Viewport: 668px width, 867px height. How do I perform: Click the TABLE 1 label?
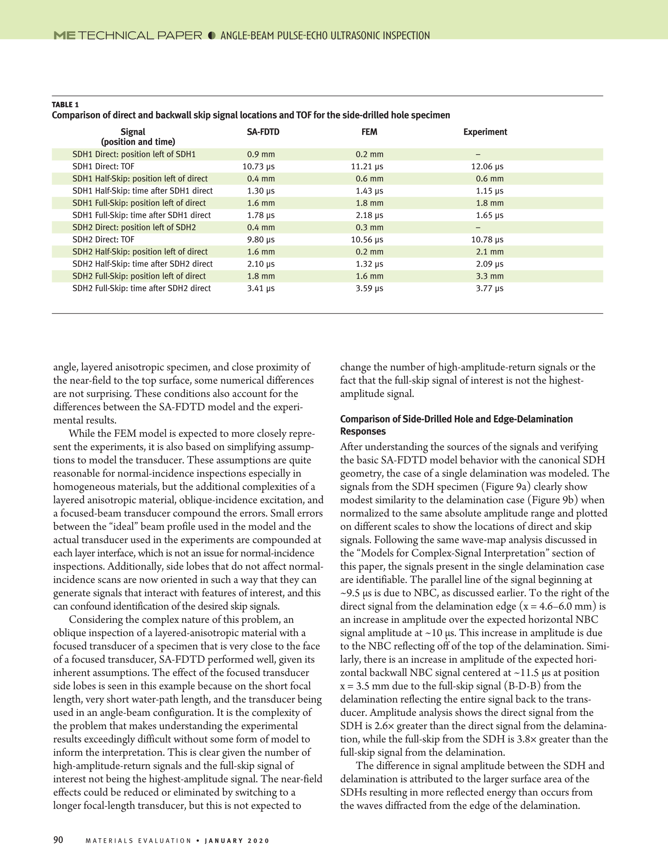pyautogui.click(x=65, y=104)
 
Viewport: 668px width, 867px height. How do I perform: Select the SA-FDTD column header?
pyautogui.click(x=263, y=132)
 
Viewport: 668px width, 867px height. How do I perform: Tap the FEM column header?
pyautogui.click(x=369, y=132)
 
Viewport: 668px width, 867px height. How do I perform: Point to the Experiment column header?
pyautogui.click(x=485, y=132)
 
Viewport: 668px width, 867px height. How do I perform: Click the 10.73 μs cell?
pyautogui.click(x=258, y=166)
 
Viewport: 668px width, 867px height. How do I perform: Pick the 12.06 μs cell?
pyautogui.click(x=487, y=166)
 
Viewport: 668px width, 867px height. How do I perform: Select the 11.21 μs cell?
pyautogui.click(x=367, y=166)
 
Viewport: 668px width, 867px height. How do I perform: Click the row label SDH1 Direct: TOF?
pyautogui.click(x=103, y=166)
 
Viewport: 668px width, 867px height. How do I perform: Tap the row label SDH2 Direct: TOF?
pyautogui.click(x=103, y=239)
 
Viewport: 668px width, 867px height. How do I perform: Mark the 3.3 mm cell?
pyautogui.click(x=490, y=276)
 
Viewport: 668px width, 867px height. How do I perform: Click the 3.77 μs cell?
pyautogui.click(x=490, y=288)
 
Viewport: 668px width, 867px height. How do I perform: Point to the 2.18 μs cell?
pyautogui.click(x=369, y=215)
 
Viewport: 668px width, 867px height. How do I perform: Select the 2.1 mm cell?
pyautogui.click(x=490, y=252)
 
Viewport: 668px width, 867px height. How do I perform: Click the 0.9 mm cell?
pyautogui.click(x=261, y=154)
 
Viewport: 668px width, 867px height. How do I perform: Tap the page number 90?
pyautogui.click(x=58, y=840)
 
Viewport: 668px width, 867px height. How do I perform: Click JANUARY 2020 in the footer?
pyautogui.click(x=237, y=841)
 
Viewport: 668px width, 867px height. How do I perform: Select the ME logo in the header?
pyautogui.click(x=64, y=35)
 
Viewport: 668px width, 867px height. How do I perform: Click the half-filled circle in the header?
pyautogui.click(x=212, y=35)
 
